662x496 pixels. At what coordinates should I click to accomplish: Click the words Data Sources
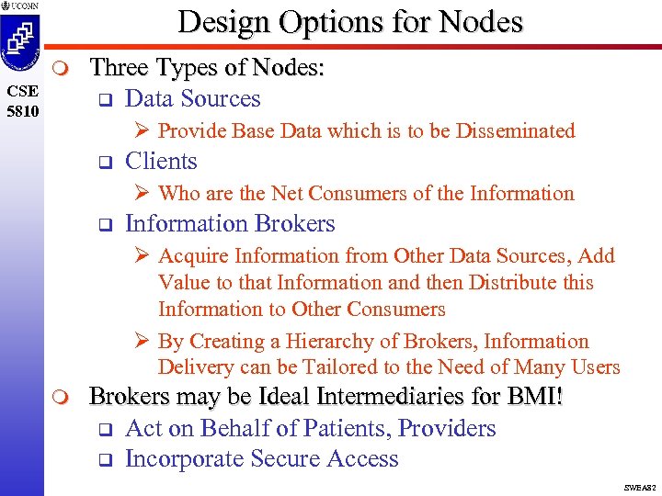click(x=192, y=99)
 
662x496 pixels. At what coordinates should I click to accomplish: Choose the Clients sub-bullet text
click(x=161, y=162)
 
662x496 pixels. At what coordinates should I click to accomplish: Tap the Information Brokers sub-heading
click(x=230, y=224)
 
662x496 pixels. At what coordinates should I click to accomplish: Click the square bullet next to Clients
click(x=104, y=163)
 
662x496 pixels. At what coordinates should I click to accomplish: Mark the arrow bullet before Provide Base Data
click(x=143, y=131)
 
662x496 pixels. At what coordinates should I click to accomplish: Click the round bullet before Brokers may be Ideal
click(x=60, y=398)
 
